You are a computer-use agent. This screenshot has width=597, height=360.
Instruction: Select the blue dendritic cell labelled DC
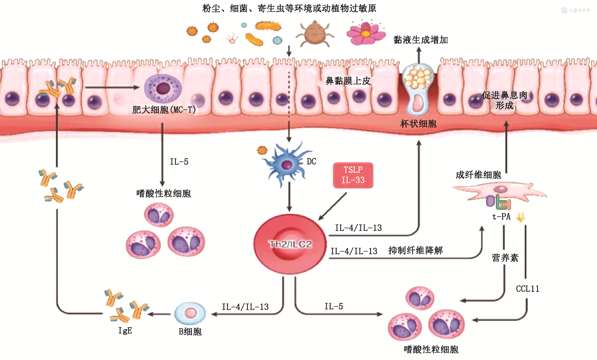[287, 164]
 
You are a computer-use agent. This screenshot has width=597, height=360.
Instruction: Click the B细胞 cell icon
[190, 313]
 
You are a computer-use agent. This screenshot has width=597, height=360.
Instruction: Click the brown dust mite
[314, 33]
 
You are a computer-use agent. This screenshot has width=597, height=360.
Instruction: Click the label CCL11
[527, 289]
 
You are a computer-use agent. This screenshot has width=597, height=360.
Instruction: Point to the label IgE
[125, 330]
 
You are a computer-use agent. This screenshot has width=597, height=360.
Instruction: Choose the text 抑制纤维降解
[416, 251]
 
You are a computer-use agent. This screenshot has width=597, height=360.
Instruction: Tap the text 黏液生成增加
[420, 40]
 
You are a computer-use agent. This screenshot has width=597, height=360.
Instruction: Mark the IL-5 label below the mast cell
[179, 161]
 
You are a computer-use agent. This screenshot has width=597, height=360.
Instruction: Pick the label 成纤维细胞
[478, 175]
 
